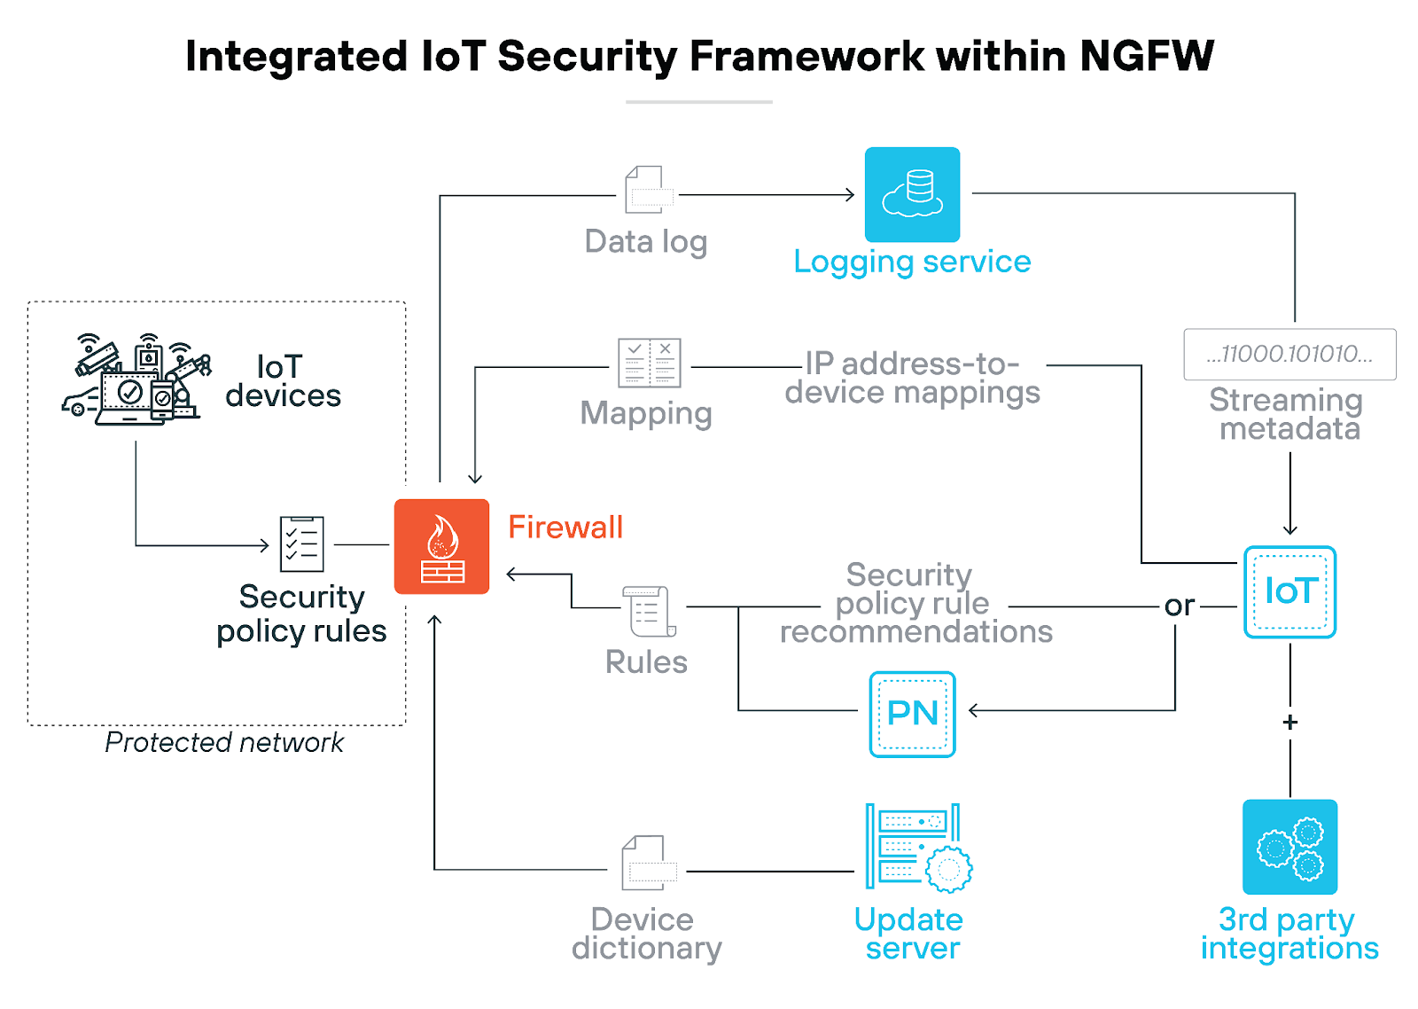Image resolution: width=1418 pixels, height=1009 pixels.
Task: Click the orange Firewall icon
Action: pos(441,546)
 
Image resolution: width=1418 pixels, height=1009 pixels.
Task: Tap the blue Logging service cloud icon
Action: pos(912,194)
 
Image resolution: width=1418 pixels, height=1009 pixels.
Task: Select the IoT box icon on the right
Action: pos(1289,591)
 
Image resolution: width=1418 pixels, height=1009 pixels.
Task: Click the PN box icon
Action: pos(912,714)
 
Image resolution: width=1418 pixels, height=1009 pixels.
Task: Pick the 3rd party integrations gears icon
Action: pos(1289,847)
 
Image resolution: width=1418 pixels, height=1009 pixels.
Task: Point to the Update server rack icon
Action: pos(917,847)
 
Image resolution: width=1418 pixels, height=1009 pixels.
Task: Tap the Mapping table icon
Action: pos(649,363)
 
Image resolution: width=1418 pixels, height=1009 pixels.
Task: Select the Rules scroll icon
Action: pos(649,611)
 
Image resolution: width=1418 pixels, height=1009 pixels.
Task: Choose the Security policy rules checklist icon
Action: pos(301,544)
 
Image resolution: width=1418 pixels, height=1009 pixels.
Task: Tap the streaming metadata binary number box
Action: pos(1289,355)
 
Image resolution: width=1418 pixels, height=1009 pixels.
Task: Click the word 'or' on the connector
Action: pos(1180,606)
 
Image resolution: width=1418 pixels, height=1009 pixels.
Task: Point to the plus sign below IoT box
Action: pos(1290,723)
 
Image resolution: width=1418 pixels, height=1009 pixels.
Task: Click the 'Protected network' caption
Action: pos(223,742)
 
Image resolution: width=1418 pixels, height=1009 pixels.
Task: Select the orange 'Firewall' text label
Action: pos(565,528)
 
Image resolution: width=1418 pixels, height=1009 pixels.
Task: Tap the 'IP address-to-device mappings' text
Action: pos(912,378)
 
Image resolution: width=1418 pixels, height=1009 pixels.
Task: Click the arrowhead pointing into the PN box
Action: pos(974,710)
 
